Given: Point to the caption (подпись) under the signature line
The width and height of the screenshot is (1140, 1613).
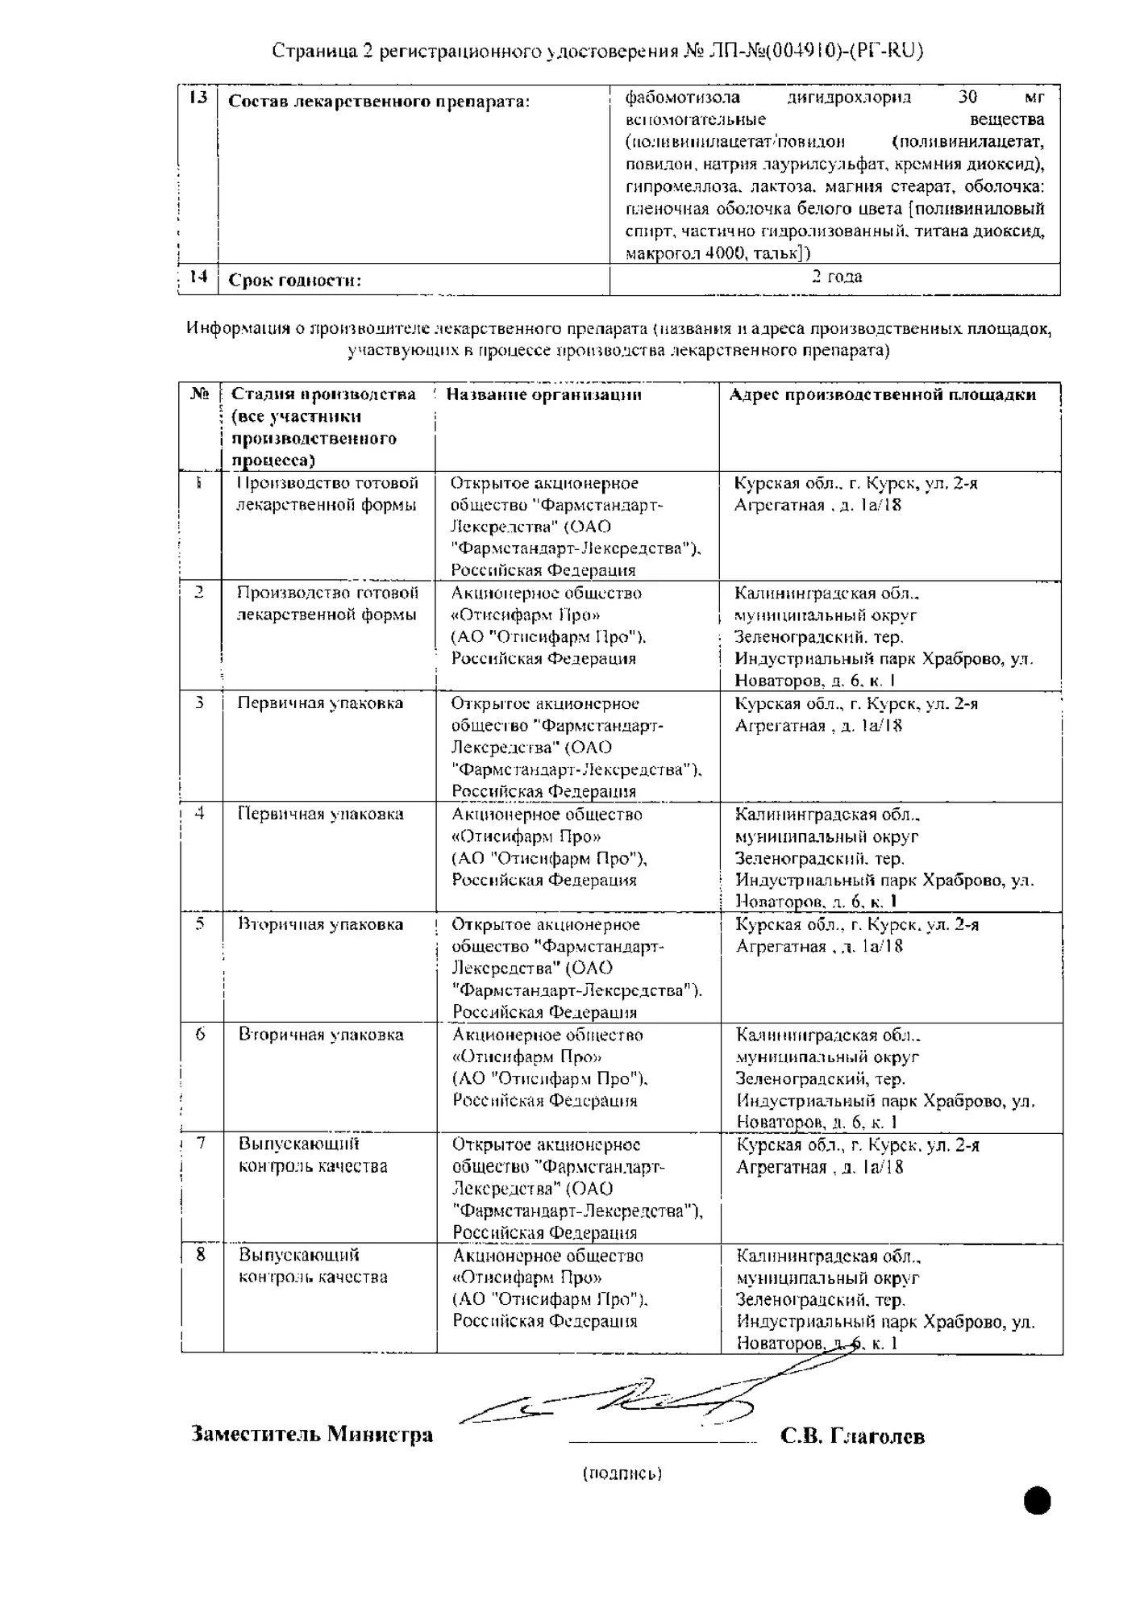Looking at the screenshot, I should click(x=622, y=1473).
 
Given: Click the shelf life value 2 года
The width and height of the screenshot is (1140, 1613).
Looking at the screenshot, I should click(x=836, y=277).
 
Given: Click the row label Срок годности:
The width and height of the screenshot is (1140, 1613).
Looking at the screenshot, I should click(x=294, y=281).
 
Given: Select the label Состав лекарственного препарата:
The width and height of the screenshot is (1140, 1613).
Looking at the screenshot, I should click(x=379, y=102).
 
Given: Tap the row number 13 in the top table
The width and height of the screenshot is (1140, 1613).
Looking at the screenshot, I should click(x=198, y=98).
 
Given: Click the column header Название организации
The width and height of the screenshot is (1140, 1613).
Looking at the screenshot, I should click(x=543, y=394).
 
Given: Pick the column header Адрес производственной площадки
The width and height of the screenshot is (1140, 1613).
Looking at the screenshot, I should click(x=882, y=394).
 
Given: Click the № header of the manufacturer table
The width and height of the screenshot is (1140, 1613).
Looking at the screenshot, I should click(x=200, y=394).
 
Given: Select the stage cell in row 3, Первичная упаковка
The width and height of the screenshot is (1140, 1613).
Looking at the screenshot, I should click(x=320, y=703).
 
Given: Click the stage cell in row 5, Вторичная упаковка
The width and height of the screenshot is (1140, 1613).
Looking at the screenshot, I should click(x=320, y=924).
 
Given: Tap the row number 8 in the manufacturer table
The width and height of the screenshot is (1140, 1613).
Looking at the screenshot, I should click(x=201, y=1255).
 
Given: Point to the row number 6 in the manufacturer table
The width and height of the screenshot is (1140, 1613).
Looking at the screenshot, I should click(x=201, y=1034).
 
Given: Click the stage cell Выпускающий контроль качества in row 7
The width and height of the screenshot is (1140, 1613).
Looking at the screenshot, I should click(x=313, y=1155).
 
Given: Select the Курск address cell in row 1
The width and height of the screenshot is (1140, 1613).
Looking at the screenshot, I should click(x=855, y=494).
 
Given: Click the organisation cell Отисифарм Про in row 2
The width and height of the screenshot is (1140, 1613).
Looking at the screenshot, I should click(x=548, y=625).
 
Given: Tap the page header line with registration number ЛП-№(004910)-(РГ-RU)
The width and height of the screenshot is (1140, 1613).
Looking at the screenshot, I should click(x=597, y=52).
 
